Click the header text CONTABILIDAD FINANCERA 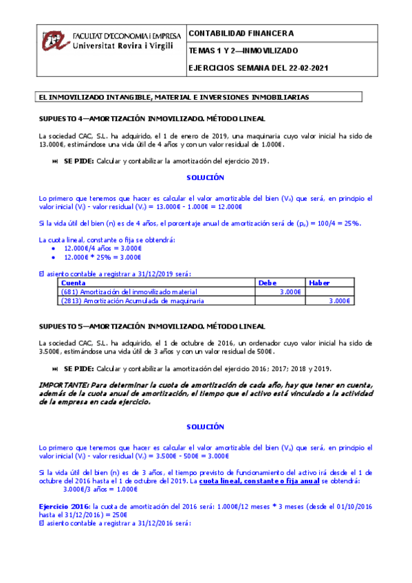click(x=241, y=33)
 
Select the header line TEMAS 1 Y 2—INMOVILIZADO click(x=243, y=51)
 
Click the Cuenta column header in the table click(x=74, y=283)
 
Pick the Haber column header click(x=319, y=283)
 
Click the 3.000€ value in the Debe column click(x=291, y=291)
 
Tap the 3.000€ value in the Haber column click(x=340, y=300)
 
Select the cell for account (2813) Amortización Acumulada click(x=133, y=300)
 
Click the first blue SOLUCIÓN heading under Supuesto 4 click(x=206, y=177)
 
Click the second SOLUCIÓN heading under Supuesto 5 click(x=206, y=426)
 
